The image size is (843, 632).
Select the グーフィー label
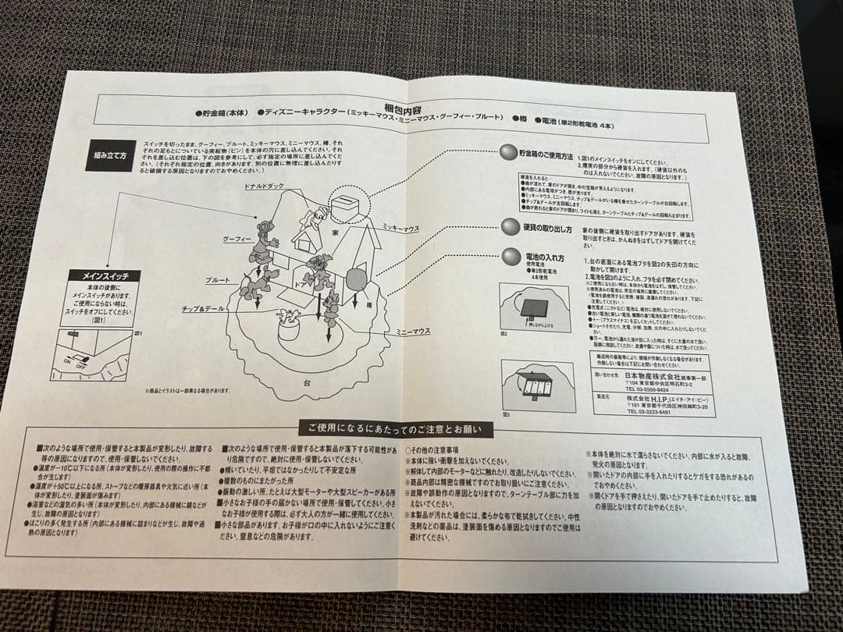pyautogui.click(x=235, y=238)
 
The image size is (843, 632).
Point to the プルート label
pyautogui.click(x=218, y=279)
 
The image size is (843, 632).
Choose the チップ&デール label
pyautogui.click(x=203, y=309)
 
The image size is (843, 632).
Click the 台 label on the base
pyautogui.click(x=307, y=382)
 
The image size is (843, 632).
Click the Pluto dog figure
pyautogui.click(x=256, y=282)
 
